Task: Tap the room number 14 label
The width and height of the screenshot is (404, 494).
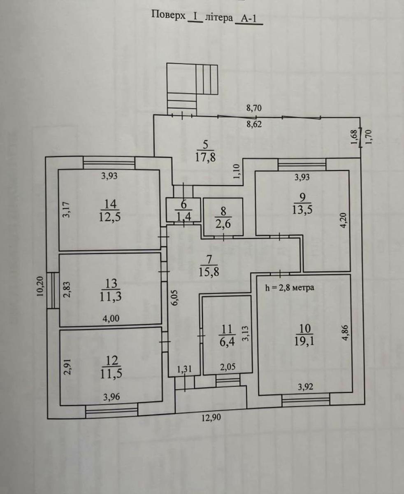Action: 110,204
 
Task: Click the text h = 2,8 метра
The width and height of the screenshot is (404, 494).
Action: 290,287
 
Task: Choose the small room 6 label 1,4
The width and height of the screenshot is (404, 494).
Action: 184,217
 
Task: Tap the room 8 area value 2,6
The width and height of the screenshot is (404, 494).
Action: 223,224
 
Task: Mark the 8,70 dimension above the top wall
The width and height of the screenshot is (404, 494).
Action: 254,108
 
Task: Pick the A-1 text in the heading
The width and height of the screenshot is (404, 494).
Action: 248,18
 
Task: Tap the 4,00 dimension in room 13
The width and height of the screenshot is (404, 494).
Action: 111,319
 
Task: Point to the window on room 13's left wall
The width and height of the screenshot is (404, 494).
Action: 53,290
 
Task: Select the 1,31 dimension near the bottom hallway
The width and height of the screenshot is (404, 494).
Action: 184,369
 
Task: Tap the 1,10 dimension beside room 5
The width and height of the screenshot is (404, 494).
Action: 237,172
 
